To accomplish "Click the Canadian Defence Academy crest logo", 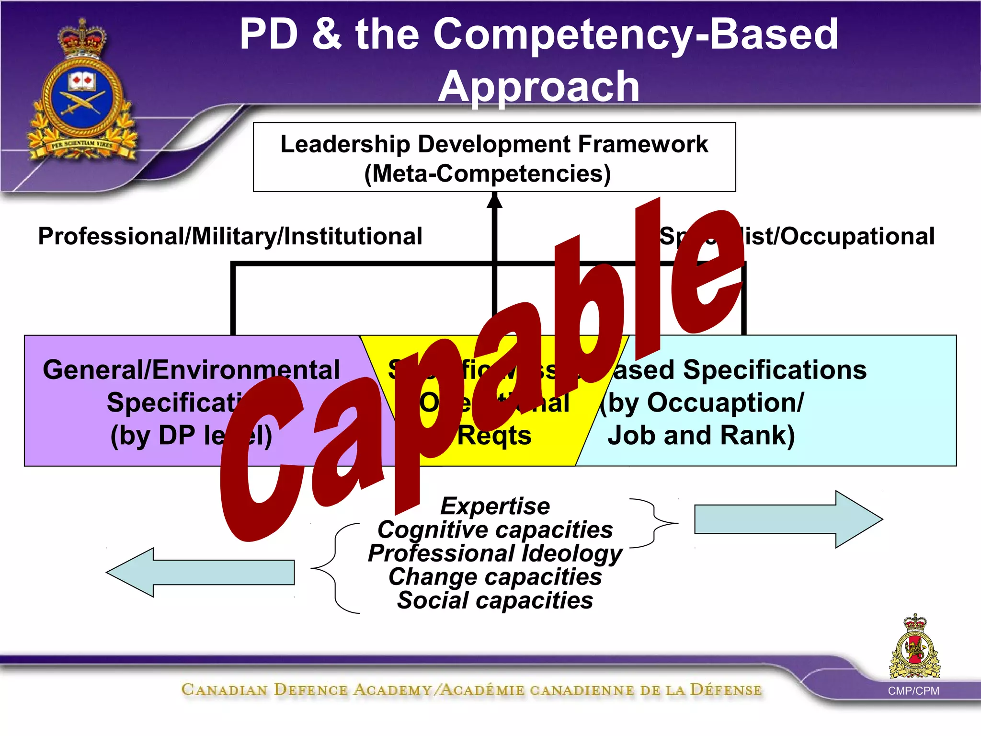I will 82,93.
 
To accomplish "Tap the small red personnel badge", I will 915,647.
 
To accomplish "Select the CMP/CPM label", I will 913,690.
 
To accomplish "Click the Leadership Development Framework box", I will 494,157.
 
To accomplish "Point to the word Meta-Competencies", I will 488,173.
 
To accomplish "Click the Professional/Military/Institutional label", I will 230,236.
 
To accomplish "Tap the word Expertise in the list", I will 495,506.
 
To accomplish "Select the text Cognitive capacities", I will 495,529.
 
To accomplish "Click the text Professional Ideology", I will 495,553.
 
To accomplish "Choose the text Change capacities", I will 495,576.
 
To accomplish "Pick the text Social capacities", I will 495,600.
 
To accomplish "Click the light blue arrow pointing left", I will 201,572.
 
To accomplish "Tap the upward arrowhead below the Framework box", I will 494,201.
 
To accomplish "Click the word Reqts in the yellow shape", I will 494,436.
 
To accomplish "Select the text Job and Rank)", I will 701,435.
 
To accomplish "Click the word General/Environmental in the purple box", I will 191,370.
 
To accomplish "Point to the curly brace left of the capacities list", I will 335,568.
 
